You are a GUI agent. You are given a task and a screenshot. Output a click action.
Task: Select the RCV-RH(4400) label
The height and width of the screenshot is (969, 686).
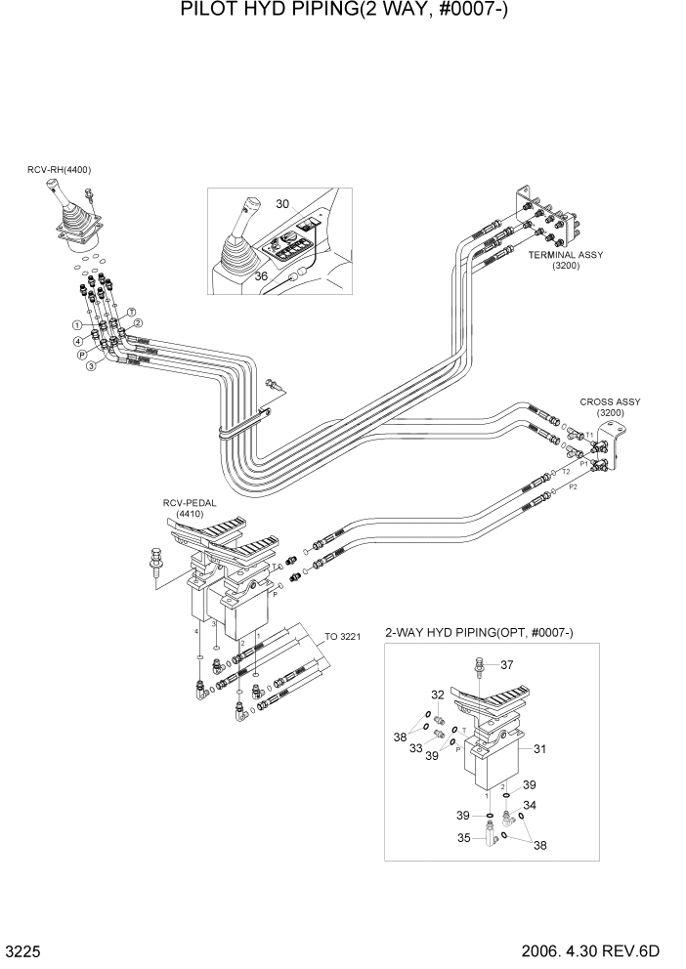(x=59, y=170)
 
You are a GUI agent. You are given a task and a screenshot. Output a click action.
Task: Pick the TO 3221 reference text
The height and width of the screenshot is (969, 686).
(x=344, y=637)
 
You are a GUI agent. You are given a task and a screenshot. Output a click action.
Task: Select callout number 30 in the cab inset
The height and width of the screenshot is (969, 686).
(x=282, y=204)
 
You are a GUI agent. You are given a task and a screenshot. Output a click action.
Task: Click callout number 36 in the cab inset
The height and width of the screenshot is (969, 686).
(x=262, y=276)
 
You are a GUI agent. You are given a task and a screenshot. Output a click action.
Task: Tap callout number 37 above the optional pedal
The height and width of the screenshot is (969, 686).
(x=507, y=665)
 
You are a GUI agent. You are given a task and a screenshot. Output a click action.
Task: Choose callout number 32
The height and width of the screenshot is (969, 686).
(x=439, y=695)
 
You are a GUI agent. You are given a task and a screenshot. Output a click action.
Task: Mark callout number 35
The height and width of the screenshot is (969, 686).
(x=463, y=837)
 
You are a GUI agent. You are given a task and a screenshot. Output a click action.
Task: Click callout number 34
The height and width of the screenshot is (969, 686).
(x=530, y=806)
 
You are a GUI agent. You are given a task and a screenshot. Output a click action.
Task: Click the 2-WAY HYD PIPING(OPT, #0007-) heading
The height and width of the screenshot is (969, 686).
(x=479, y=634)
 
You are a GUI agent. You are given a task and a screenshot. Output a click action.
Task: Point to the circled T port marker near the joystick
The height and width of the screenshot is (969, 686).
(x=130, y=312)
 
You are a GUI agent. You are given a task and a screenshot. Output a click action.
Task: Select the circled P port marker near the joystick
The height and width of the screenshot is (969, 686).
(x=83, y=355)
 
